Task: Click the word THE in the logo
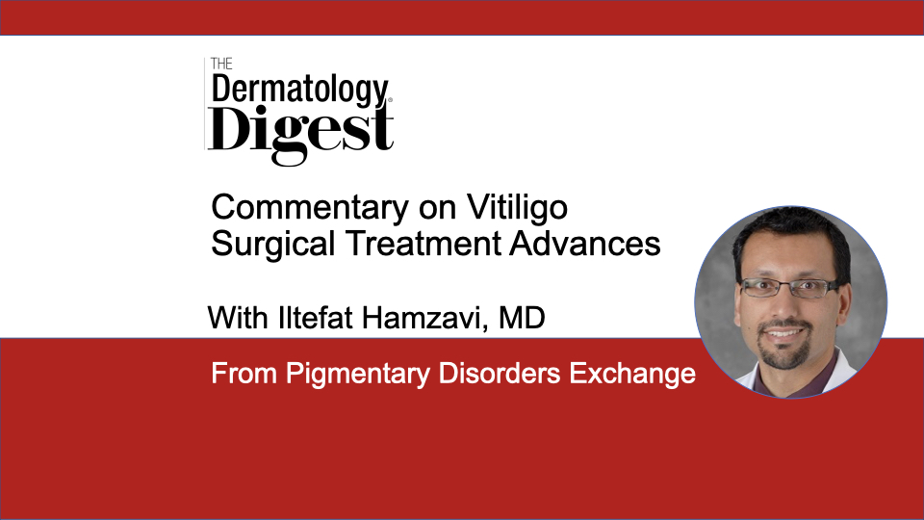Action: [221, 64]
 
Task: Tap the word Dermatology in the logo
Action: [300, 91]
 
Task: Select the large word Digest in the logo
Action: [300, 132]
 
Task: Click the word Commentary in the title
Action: [310, 208]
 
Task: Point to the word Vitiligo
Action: [518, 208]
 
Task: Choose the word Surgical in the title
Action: [273, 244]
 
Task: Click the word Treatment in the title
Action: [423, 243]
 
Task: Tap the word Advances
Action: [585, 243]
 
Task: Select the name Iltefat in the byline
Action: [316, 318]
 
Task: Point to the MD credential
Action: [522, 318]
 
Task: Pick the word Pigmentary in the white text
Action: [358, 374]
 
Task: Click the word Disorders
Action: [500, 374]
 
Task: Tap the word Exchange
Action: [632, 374]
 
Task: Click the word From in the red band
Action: [244, 374]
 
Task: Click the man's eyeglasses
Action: [789, 287]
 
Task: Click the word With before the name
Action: [238, 318]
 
